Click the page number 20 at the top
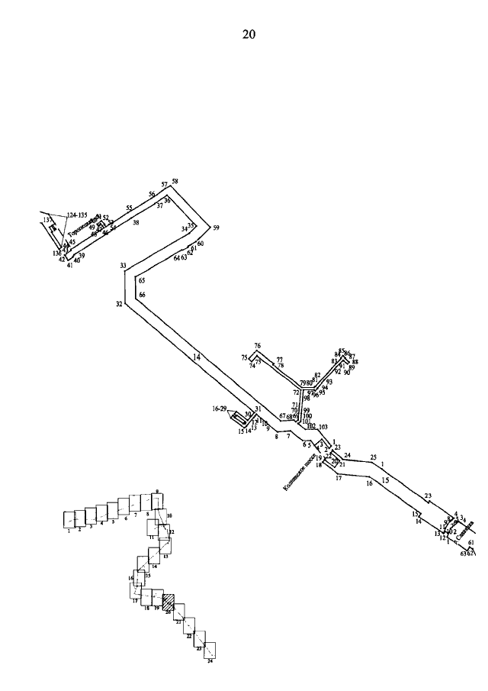tap(249, 34)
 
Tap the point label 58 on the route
tap(175, 182)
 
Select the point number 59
tap(216, 228)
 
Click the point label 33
tap(123, 266)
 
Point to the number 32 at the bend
tap(119, 304)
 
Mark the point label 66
tap(142, 295)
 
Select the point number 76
tap(258, 346)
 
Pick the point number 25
tap(374, 457)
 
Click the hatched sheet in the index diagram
tap(169, 601)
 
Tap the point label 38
tap(136, 223)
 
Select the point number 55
tap(130, 208)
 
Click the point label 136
tap(57, 253)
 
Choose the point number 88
tap(355, 362)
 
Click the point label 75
tap(244, 357)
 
